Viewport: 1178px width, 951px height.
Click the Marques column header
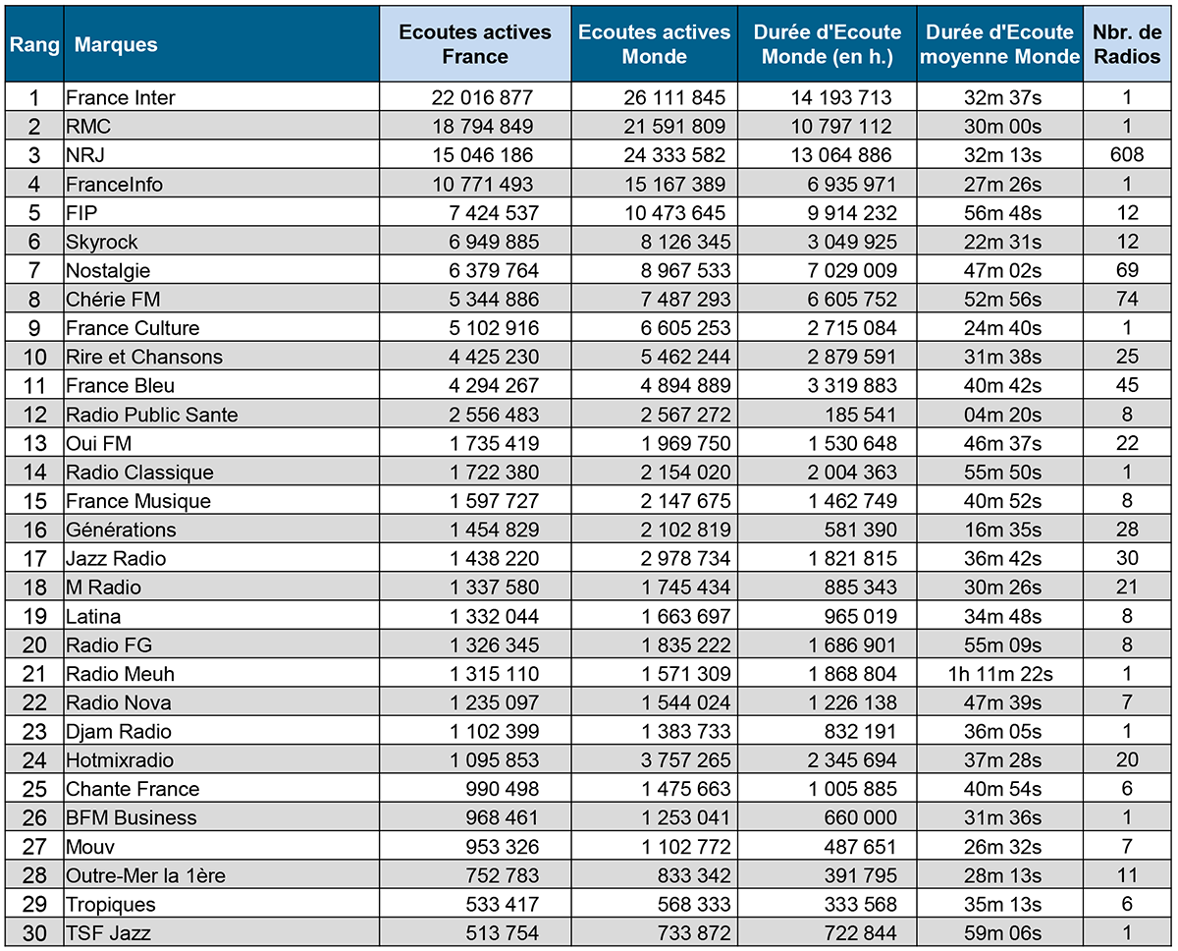(116, 44)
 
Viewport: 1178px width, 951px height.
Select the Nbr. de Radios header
(1127, 44)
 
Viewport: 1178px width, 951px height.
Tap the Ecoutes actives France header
(474, 44)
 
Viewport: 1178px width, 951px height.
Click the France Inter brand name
(120, 97)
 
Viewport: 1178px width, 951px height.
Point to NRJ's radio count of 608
(1127, 155)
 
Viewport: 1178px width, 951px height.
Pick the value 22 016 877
(482, 97)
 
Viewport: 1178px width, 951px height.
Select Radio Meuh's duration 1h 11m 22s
(1000, 674)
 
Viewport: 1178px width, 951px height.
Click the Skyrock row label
(101, 242)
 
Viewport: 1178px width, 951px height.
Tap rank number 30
(34, 933)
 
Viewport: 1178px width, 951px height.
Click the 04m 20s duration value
(1002, 415)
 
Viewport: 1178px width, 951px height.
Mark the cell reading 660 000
(861, 818)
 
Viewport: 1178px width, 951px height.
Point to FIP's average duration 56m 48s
(1002, 213)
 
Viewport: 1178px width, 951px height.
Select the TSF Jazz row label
(108, 933)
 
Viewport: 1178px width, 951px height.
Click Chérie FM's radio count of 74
(1127, 299)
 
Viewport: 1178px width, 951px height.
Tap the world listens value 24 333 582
(674, 155)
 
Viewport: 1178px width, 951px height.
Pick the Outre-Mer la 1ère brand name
(145, 875)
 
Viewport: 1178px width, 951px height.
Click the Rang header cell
(34, 44)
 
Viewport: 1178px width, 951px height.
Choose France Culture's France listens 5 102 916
(494, 328)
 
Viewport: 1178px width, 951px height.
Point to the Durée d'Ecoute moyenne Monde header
(999, 44)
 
